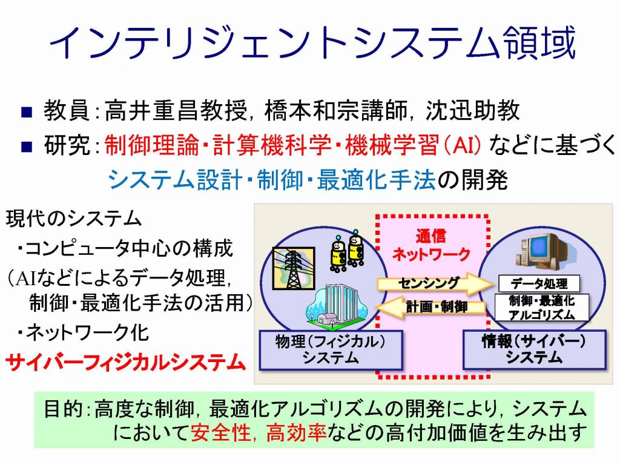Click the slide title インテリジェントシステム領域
[312, 43]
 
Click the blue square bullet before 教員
[27, 112]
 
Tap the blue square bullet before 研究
[27, 147]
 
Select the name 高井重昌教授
[176, 110]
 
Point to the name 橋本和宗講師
[335, 110]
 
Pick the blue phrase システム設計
[175, 180]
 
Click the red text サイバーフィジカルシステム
[126, 362]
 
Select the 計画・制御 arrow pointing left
[430, 307]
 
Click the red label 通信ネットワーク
[431, 245]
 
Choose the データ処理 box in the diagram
[539, 283]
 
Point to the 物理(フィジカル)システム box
[331, 350]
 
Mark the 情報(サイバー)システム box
[534, 350]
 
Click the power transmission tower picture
[294, 268]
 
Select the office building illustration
[335, 306]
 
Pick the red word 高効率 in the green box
[296, 432]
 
